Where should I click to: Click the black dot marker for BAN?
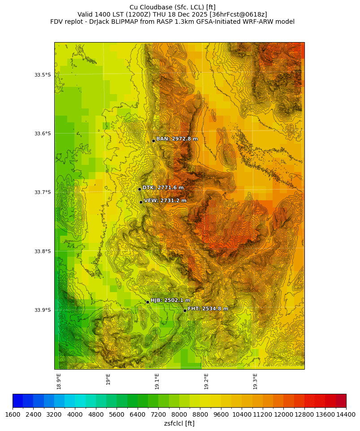coord(153,141)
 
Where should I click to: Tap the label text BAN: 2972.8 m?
coord(177,139)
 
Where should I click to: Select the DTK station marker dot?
coord(139,189)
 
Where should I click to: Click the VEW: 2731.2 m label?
coord(165,201)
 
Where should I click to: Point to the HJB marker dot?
coord(147,302)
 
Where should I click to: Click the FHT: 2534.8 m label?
coord(208,309)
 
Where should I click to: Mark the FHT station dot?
coord(185,310)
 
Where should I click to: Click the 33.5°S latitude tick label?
coord(43,75)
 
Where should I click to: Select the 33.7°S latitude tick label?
coord(43,193)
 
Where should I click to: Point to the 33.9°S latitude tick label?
coord(43,310)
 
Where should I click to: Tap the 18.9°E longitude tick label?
coord(59,381)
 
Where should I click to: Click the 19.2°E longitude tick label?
coord(206,381)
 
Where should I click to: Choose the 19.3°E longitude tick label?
coord(255,381)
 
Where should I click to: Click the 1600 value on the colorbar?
coord(13,415)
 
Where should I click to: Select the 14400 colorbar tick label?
coord(346,415)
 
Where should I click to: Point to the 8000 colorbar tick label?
coord(179,415)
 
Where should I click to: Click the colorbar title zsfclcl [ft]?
coord(179,423)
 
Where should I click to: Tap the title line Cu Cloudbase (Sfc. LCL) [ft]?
coord(172,7)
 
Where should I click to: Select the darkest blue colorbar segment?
coord(18,401)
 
